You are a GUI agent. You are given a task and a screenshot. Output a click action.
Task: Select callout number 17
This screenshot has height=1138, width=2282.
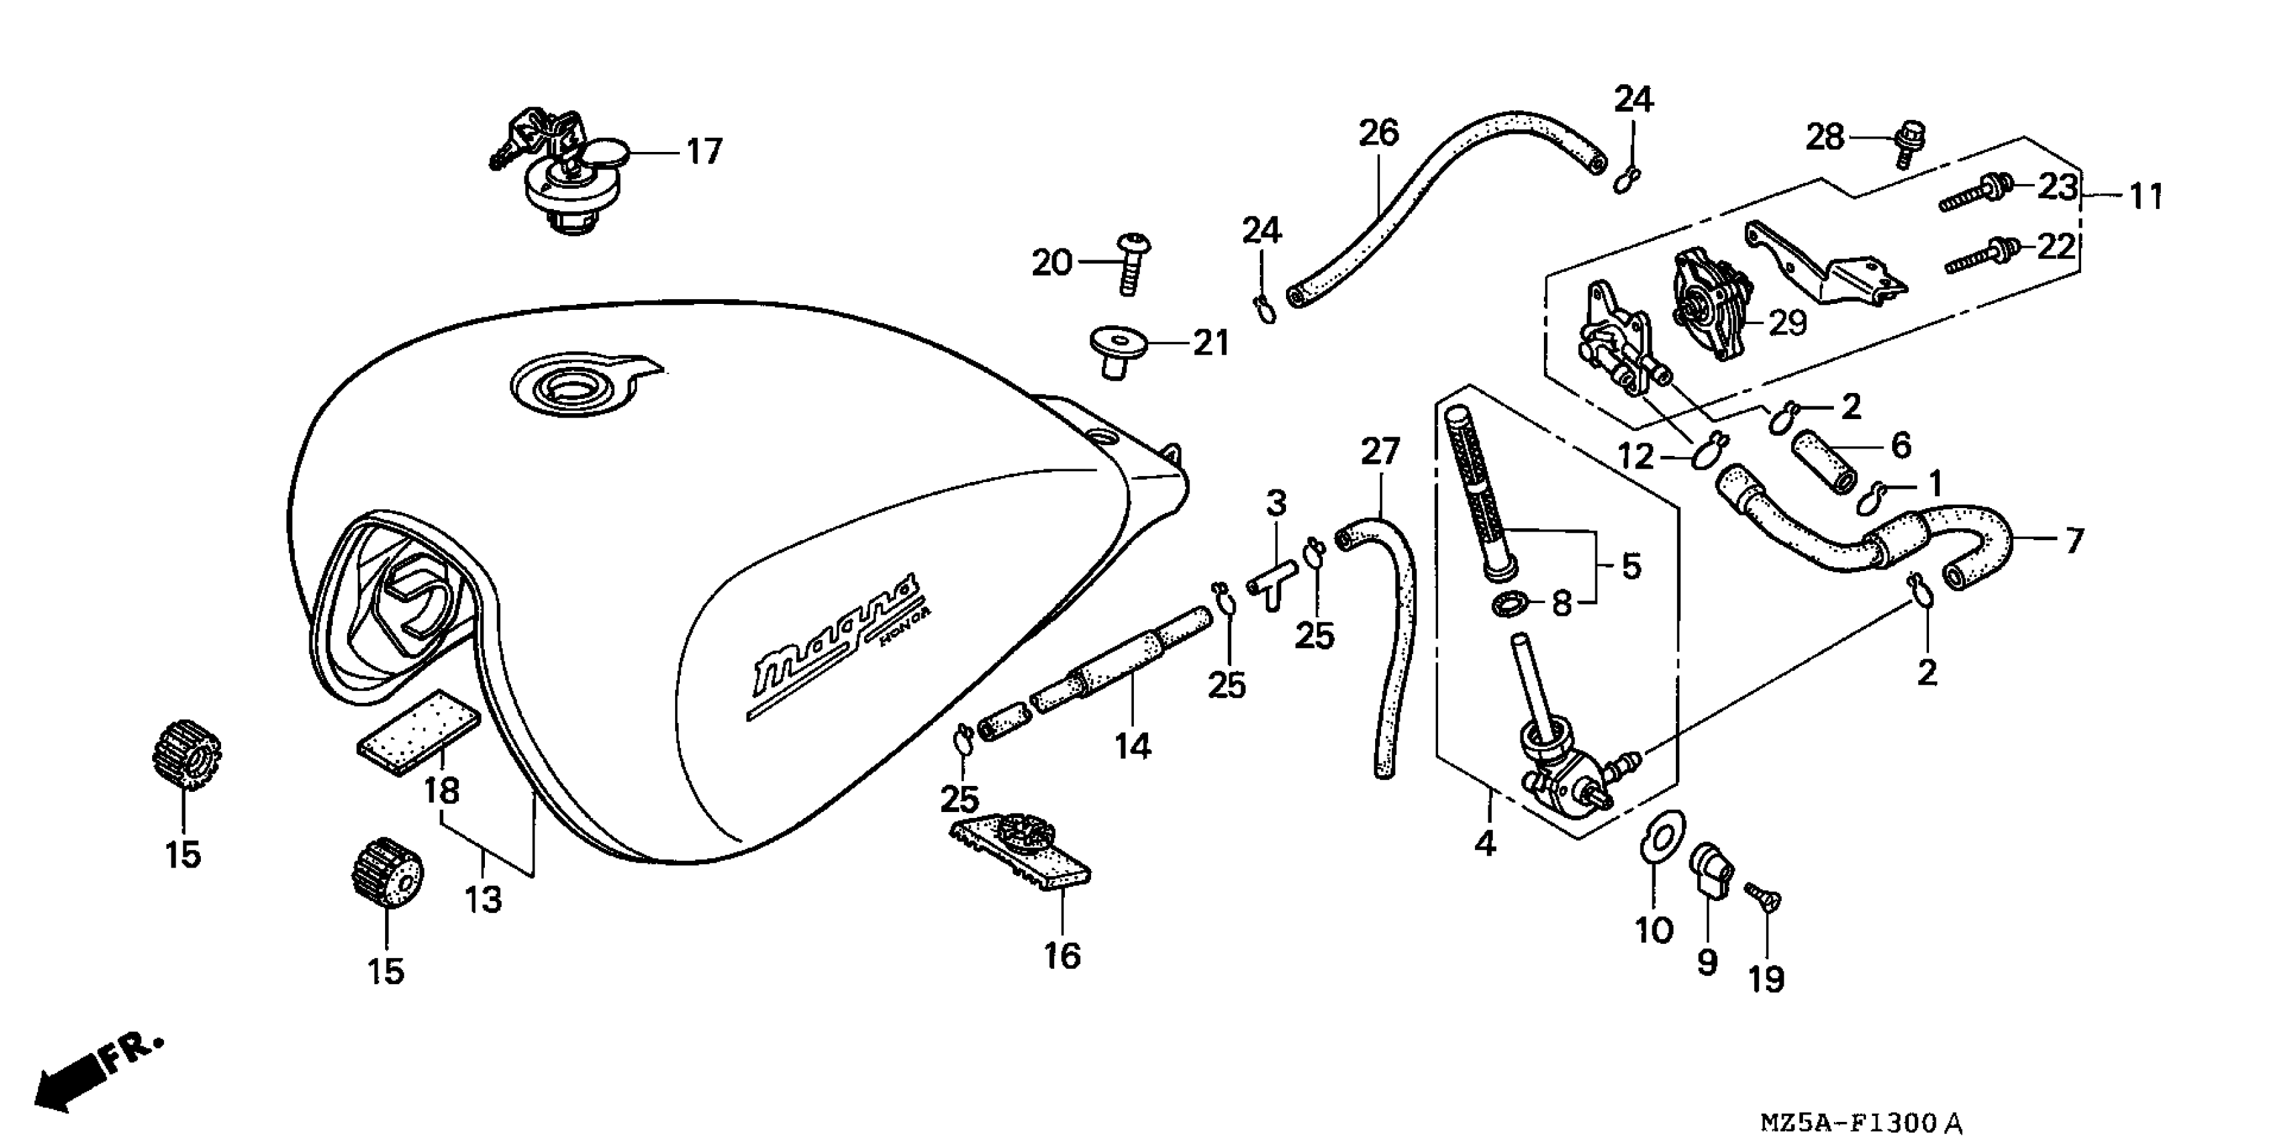point(705,153)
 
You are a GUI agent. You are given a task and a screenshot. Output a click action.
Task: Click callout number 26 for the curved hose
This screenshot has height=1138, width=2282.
point(1378,133)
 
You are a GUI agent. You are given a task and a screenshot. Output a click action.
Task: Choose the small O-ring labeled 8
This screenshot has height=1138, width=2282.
point(1506,606)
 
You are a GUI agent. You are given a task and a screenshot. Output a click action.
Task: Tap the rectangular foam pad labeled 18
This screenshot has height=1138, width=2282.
point(419,730)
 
